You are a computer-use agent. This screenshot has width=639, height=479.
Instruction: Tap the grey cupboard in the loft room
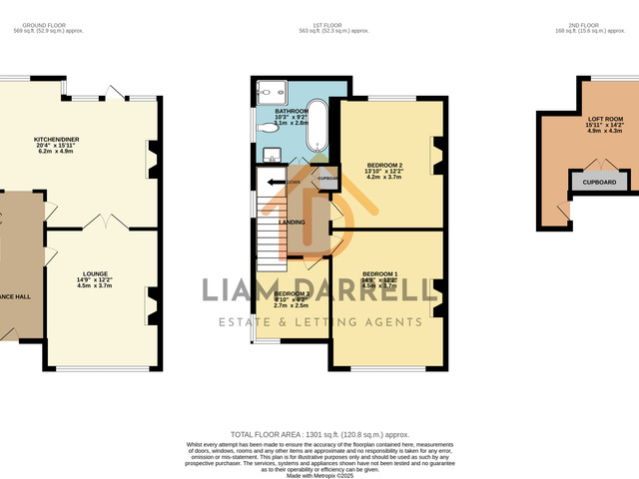[599, 182]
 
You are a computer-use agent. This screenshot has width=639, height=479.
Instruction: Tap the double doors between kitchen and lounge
[104, 222]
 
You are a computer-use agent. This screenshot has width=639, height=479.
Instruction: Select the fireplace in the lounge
[153, 305]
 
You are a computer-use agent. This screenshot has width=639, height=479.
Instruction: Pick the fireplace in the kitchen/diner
[153, 158]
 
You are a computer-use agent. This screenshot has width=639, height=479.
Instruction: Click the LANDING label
[292, 223]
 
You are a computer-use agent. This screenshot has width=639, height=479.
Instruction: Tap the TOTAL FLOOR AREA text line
[319, 435]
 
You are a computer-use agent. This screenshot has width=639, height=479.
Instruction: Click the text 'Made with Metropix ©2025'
[319, 476]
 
